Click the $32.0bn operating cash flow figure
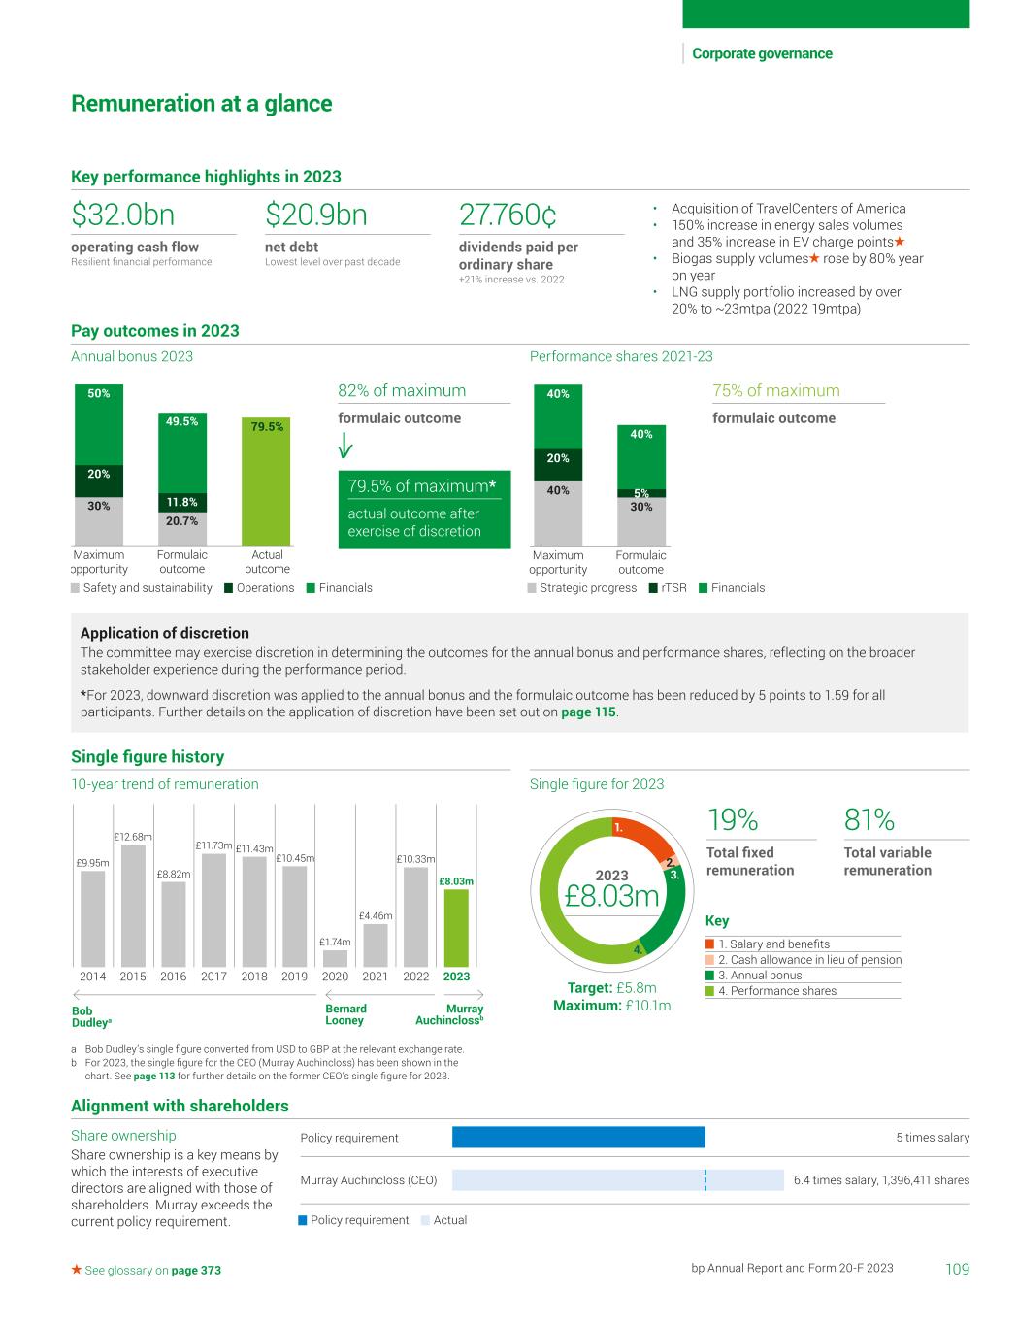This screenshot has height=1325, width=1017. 123,215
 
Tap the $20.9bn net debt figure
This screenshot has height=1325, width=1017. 316,215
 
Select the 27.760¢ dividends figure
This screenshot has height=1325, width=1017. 508,215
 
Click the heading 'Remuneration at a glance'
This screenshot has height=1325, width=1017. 202,104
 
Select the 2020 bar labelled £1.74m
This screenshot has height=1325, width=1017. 335,957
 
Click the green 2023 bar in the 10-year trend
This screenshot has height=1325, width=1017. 456,927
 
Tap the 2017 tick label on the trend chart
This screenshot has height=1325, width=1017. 213,977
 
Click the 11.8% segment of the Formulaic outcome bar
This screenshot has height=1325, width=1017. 181,503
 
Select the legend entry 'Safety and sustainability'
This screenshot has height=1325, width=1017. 141,588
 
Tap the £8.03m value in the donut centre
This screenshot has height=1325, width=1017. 611,896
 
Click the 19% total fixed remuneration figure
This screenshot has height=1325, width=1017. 733,820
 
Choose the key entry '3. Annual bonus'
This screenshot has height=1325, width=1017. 760,976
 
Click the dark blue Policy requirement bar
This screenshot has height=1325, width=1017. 578,1138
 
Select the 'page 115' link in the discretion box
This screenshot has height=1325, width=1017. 588,712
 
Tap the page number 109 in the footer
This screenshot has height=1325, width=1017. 957,1269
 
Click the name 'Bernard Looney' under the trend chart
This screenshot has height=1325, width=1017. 345,1014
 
